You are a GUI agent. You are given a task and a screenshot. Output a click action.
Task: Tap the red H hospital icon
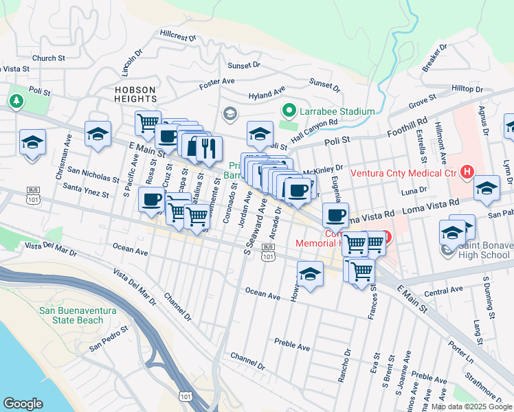[x=468, y=171]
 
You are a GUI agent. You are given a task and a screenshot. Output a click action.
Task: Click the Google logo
[x=23, y=404]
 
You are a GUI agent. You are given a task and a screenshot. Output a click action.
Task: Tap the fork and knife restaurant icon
[x=209, y=147]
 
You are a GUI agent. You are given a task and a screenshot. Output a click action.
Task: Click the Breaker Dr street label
[x=435, y=58]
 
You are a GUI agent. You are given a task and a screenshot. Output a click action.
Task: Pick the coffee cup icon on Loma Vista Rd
[x=335, y=215]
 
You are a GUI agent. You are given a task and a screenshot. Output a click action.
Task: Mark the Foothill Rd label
[x=407, y=128]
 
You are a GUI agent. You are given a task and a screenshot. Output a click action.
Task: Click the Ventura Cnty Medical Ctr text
[x=404, y=172]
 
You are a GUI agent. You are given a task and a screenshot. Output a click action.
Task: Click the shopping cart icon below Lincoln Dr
[x=148, y=123]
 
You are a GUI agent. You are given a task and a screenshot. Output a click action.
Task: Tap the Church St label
[x=47, y=58]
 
